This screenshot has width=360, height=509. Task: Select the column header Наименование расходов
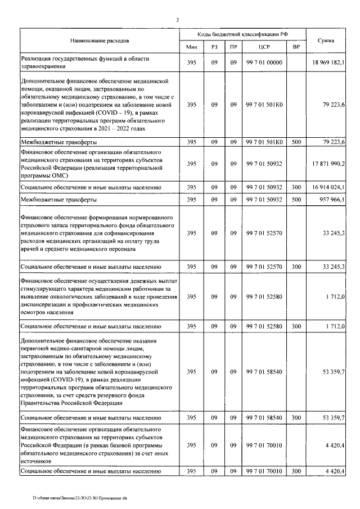click(x=100, y=41)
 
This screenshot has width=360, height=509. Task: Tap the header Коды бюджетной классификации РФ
click(x=243, y=34)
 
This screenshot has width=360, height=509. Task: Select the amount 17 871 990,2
click(x=328, y=164)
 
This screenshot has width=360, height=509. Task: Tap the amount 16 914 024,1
click(x=328, y=186)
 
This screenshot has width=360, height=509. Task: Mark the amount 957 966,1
click(x=332, y=200)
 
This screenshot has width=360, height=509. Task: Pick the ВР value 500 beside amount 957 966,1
click(x=296, y=200)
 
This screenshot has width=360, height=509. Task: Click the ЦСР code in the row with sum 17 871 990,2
click(x=264, y=164)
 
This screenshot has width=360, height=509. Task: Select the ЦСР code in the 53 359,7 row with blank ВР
click(x=264, y=372)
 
